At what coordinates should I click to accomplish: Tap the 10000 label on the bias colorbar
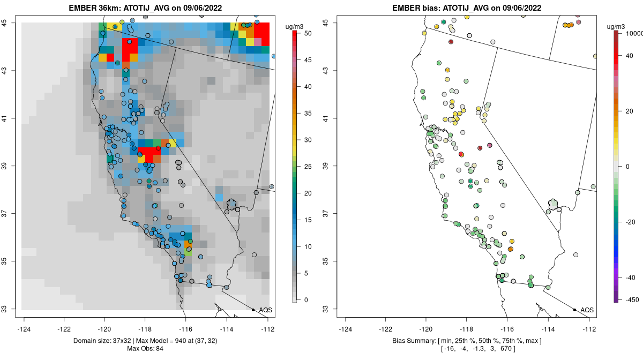point(631,33)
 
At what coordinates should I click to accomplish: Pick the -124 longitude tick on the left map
point(24,329)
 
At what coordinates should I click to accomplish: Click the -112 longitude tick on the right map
point(589,329)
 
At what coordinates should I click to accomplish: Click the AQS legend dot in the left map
point(253,310)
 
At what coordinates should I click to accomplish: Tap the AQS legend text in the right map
point(587,310)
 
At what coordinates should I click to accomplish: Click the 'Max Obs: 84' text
point(146,349)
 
